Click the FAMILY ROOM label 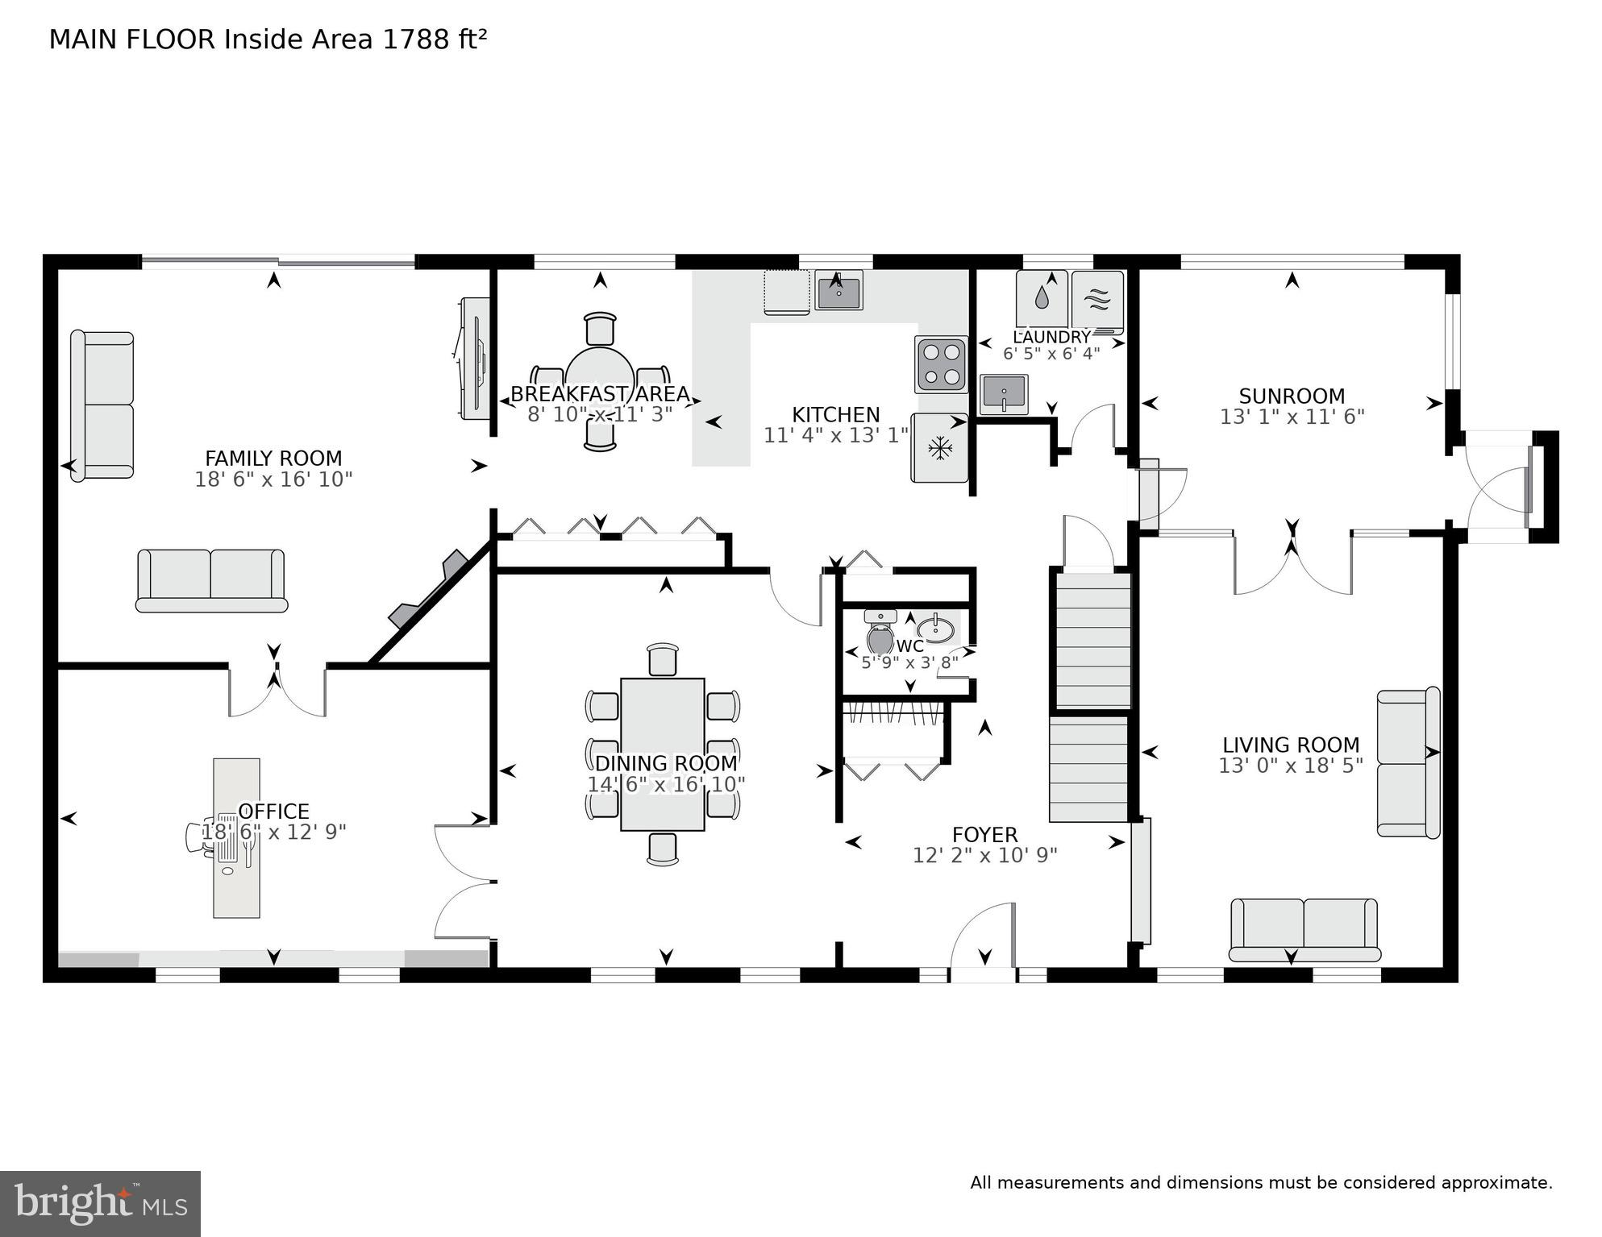click(273, 459)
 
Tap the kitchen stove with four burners click(941, 364)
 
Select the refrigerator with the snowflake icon click(939, 448)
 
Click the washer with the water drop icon click(1042, 300)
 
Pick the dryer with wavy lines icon click(1097, 301)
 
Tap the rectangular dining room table click(663, 753)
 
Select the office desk click(236, 837)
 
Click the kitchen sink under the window click(838, 290)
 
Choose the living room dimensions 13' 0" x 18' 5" click(1290, 766)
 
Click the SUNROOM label click(1292, 396)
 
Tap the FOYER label click(984, 835)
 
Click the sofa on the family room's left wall click(102, 405)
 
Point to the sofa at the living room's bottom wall click(1304, 930)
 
